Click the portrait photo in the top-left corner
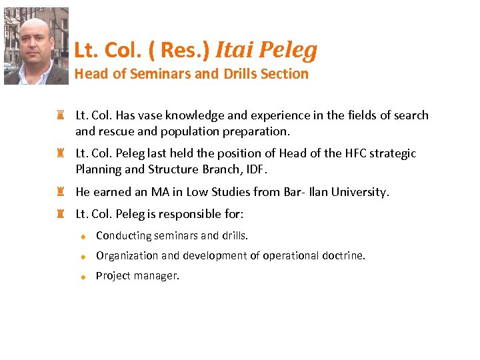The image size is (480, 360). coord(36,46)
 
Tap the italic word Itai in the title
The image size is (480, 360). coord(234,49)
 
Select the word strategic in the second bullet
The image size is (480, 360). coord(393,153)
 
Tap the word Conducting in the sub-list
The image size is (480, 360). coord(123,235)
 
